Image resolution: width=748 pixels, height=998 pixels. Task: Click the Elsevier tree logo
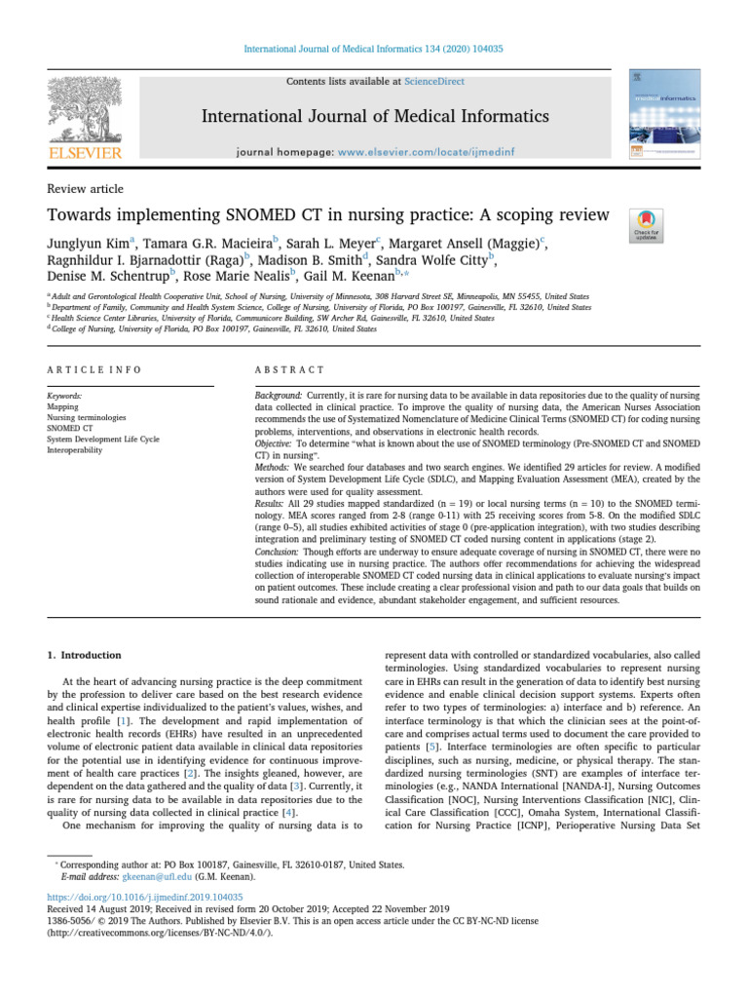click(86, 107)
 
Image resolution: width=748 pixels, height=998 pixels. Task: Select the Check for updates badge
click(647, 225)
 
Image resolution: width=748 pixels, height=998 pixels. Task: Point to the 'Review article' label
click(85, 189)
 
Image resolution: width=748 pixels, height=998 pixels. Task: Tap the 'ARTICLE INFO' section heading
click(94, 370)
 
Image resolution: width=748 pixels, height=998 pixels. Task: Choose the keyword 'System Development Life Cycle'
click(102, 440)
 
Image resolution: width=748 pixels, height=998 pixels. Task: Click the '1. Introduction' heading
click(86, 655)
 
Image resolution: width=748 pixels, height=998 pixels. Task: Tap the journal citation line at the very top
click(373, 49)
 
